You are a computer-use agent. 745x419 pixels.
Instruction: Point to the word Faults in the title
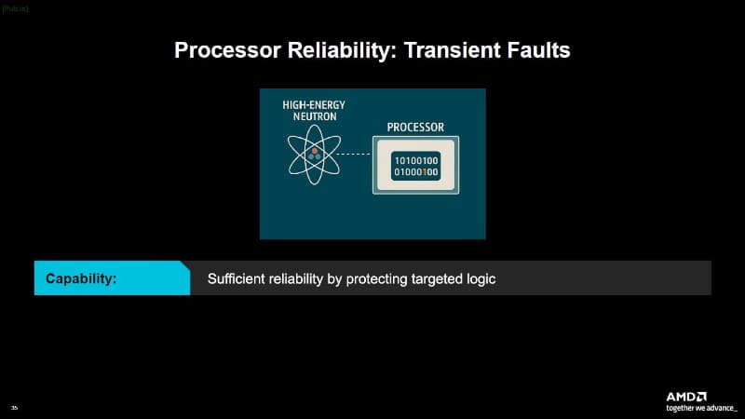pos(536,50)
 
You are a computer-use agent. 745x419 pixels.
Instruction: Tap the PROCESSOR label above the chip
pos(415,127)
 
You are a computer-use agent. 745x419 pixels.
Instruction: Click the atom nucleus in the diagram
pos(315,155)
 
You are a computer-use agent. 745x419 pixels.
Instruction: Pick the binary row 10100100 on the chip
pos(416,161)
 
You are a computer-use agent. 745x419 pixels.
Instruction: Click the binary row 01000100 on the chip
pos(416,172)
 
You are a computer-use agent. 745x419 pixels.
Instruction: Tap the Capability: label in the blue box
pos(81,278)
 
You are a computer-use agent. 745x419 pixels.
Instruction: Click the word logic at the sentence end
pos(481,278)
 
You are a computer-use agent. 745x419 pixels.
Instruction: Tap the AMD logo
pos(686,396)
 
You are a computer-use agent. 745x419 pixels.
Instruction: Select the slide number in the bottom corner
pos(14,408)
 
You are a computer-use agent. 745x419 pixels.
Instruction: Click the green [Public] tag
pos(15,7)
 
